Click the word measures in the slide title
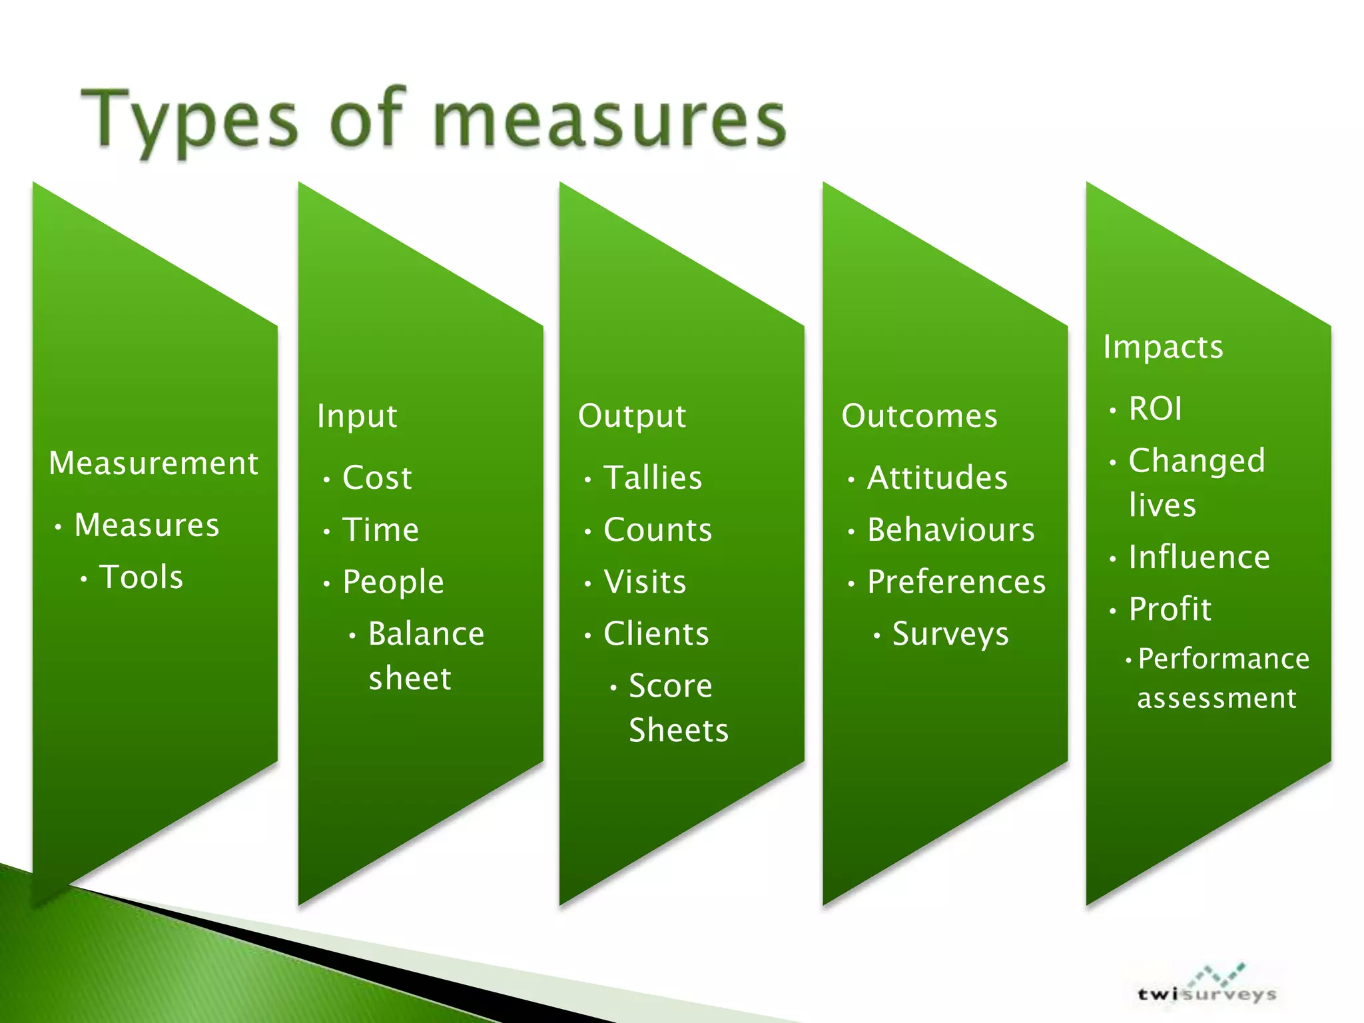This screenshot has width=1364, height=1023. pyautogui.click(x=609, y=120)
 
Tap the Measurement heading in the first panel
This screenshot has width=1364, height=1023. pyautogui.click(x=153, y=463)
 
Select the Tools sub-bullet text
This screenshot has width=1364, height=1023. pyautogui.click(x=141, y=577)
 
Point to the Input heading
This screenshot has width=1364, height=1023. pyautogui.click(x=357, y=416)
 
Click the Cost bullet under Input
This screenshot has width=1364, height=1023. pyautogui.click(x=377, y=478)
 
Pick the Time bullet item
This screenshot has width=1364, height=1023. pyautogui.click(x=380, y=530)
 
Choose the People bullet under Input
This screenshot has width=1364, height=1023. pyautogui.click(x=393, y=582)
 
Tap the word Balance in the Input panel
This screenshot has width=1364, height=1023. pyautogui.click(x=426, y=633)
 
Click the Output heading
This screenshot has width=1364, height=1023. pyautogui.click(x=631, y=416)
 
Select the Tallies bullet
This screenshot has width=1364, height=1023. pyautogui.click(x=653, y=478)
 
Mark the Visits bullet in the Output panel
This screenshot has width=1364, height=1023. pyautogui.click(x=645, y=582)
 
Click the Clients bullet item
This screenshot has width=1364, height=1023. pyautogui.click(x=656, y=633)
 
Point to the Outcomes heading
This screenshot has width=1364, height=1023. pyautogui.click(x=919, y=416)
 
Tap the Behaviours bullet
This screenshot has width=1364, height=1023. pyautogui.click(x=951, y=530)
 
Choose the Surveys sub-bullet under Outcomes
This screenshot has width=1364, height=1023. pyautogui.click(x=950, y=633)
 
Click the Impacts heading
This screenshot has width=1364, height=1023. pyautogui.click(x=1163, y=347)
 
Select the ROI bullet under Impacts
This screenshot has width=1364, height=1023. pyautogui.click(x=1156, y=408)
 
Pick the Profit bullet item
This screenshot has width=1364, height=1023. pyautogui.click(x=1170, y=609)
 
